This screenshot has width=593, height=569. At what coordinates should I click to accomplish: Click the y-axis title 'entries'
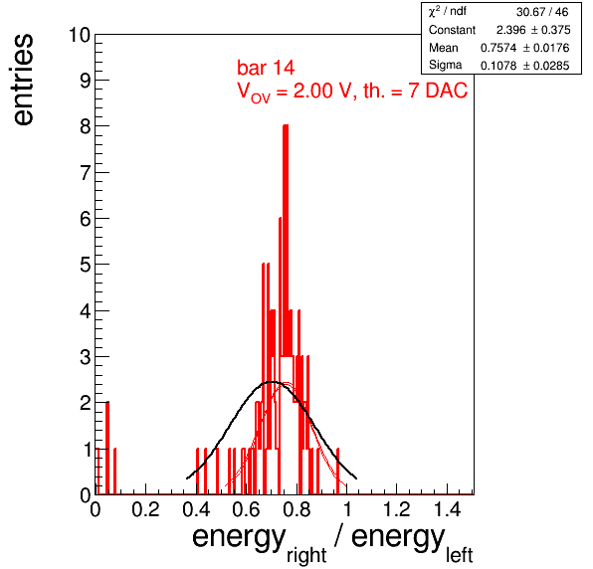24,80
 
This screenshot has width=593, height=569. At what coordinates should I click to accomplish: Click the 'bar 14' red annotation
266,68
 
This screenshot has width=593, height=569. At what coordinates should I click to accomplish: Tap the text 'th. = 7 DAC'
415,91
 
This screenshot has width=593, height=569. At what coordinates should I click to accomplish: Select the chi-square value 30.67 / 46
542,12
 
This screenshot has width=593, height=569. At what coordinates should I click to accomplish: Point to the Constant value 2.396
511,30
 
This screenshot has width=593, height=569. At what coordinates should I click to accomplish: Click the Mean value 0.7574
498,48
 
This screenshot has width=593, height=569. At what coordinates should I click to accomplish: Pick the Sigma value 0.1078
498,66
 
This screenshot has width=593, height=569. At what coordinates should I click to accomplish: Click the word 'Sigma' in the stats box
445,65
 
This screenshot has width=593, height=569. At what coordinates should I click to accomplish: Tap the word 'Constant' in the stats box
452,30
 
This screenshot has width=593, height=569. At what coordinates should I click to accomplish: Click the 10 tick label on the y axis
80,35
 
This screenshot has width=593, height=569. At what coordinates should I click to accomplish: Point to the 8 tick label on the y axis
86,126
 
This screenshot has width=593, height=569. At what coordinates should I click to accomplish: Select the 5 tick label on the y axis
86,265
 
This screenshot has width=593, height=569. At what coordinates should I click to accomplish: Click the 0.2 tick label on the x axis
145,509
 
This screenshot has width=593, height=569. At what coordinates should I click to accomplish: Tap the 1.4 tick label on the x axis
447,509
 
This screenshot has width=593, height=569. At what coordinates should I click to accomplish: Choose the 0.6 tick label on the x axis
246,509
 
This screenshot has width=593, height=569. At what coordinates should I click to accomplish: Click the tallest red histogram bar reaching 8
286,309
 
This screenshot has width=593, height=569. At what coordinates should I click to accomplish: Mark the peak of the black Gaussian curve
272,382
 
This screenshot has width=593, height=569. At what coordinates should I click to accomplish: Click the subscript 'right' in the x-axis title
306,555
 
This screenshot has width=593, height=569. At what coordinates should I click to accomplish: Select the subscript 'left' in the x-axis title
459,555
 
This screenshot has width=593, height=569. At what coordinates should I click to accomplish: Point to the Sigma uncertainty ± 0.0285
545,66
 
